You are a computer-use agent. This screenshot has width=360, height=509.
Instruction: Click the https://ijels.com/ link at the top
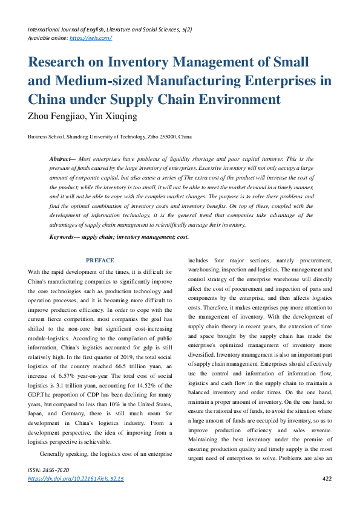pos(91,37)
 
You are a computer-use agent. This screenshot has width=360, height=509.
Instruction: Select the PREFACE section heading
pos(100,261)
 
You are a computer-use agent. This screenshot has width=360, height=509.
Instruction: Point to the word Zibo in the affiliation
pos(150,137)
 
